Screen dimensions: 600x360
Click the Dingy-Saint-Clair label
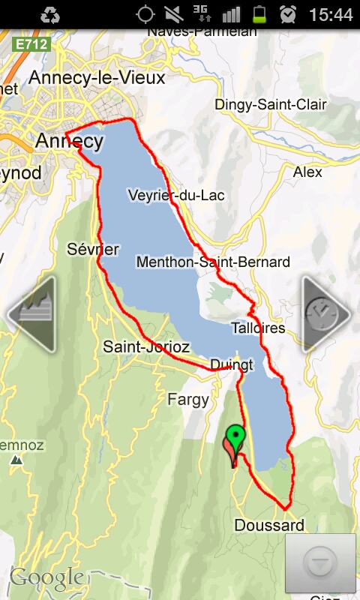[x=271, y=105]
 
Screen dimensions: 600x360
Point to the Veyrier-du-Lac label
[x=176, y=195]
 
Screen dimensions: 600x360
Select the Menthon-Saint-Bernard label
[x=213, y=262]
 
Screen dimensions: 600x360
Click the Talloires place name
[x=258, y=328]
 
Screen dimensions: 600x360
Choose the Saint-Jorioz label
[x=146, y=346]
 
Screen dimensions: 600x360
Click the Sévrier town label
[x=93, y=249]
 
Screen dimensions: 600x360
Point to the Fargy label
[x=188, y=400]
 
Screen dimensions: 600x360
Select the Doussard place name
[x=269, y=525]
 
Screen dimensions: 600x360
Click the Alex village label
[x=307, y=172]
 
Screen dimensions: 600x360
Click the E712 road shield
[x=32, y=44]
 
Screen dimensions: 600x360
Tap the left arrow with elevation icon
[x=31, y=313]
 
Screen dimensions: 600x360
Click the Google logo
[x=46, y=577]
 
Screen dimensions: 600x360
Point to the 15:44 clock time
[x=330, y=14]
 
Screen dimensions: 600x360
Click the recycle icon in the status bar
[x=51, y=14]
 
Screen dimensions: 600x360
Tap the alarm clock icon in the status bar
[x=287, y=14]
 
